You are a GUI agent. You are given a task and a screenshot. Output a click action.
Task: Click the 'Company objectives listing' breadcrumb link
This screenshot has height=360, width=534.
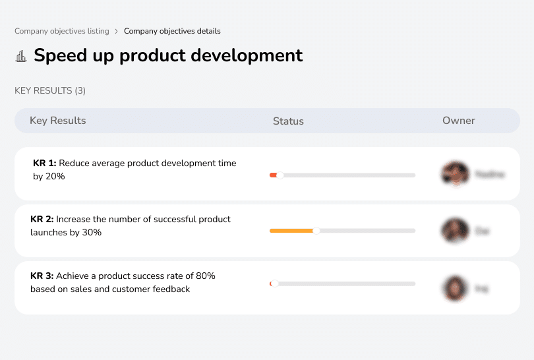(61, 31)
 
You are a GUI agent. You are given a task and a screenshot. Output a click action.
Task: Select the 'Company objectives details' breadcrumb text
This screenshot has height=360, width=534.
(172, 31)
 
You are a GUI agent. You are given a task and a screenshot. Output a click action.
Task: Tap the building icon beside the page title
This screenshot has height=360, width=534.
(21, 56)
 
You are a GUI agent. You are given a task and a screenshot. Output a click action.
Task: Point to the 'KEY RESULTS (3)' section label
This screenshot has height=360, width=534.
(50, 90)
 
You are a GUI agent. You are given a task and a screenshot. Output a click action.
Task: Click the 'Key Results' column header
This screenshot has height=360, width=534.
(57, 121)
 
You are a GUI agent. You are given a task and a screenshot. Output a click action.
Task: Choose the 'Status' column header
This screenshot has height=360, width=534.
(288, 121)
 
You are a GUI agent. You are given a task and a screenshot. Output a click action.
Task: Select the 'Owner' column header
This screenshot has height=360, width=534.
(458, 121)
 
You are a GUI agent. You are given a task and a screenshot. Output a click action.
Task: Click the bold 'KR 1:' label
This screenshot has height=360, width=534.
(45, 163)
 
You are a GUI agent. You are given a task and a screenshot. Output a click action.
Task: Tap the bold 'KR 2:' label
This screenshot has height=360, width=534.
(42, 219)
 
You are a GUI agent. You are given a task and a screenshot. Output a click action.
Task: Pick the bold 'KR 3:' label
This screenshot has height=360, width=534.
(42, 276)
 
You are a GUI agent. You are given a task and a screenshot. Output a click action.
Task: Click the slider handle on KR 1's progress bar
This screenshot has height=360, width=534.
(280, 175)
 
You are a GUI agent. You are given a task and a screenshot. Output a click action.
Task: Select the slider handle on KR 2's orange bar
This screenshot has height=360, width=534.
(316, 231)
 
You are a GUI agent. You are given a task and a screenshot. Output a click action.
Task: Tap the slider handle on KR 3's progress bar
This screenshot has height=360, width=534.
(274, 284)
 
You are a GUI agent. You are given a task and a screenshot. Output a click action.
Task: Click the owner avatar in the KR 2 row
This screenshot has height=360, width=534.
(454, 231)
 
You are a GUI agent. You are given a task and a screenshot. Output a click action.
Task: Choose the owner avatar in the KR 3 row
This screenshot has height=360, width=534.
(454, 288)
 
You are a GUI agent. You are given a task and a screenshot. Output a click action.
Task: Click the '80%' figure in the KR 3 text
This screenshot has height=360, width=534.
(204, 276)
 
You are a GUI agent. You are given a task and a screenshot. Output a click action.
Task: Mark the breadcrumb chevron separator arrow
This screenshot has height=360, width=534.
(117, 31)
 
